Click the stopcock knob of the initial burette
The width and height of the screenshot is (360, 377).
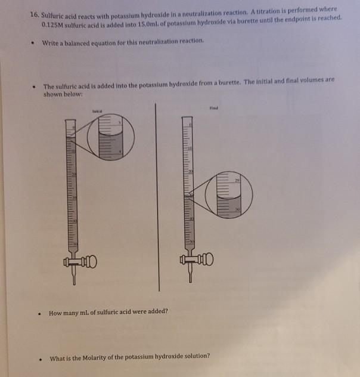click(x=89, y=261)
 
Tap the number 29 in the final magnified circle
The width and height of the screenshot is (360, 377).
click(x=237, y=180)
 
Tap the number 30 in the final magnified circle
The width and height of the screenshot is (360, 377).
click(x=237, y=209)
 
